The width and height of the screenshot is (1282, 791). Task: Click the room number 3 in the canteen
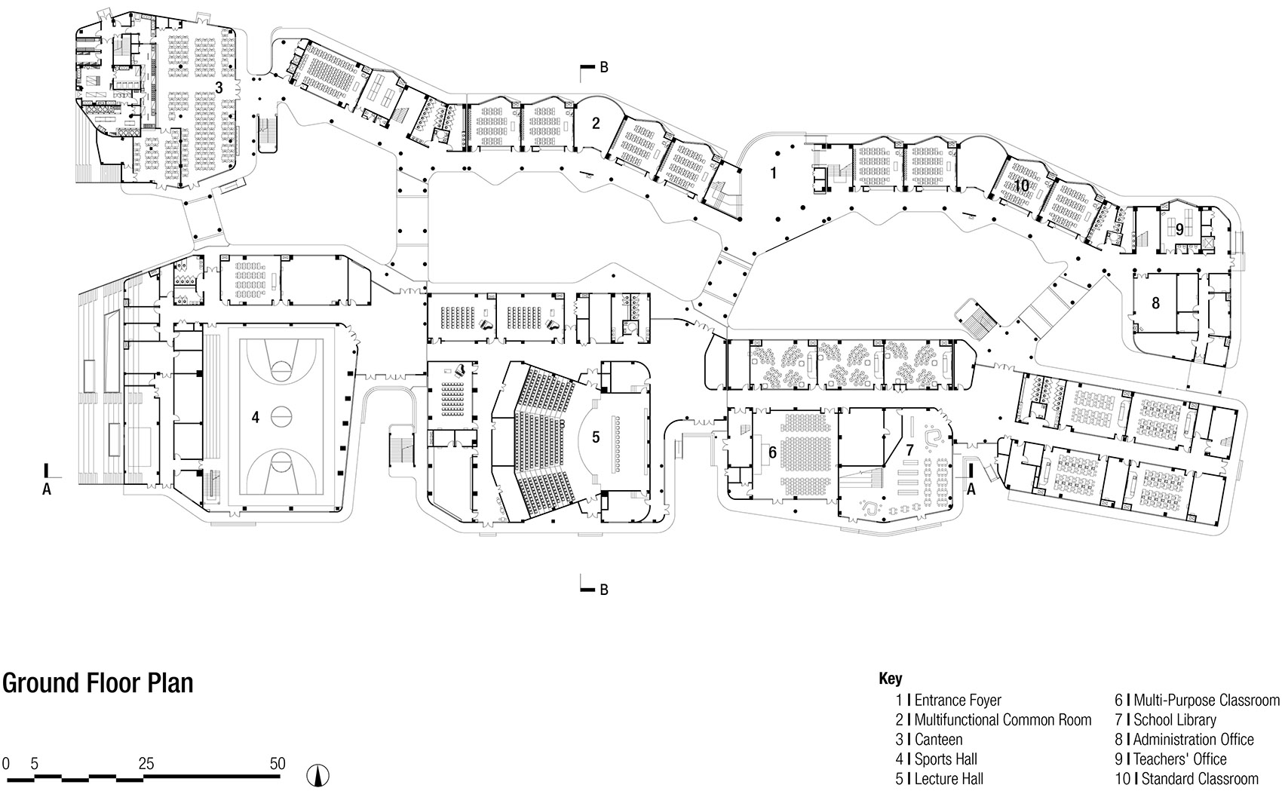[219, 87]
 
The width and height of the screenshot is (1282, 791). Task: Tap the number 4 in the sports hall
[256, 417]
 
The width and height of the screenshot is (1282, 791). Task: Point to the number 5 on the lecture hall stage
[595, 437]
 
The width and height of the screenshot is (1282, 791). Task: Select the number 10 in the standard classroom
[1021, 185]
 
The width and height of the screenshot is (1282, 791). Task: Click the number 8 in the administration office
[1155, 303]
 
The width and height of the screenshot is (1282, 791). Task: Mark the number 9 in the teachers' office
[1179, 229]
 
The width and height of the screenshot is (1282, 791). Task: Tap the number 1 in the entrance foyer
[773, 173]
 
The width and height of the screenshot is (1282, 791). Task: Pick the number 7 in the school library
[909, 449]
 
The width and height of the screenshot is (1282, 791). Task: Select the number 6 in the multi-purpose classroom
[772, 453]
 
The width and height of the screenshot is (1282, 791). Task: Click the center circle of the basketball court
[281, 414]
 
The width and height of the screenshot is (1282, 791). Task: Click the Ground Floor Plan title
[97, 683]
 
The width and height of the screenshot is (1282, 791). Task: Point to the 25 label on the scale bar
[146, 764]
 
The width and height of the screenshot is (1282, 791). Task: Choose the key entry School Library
[1174, 720]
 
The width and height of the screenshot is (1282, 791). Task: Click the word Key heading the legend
[890, 679]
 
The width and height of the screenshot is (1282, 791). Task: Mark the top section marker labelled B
[603, 68]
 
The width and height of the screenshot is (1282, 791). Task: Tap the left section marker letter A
[47, 489]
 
